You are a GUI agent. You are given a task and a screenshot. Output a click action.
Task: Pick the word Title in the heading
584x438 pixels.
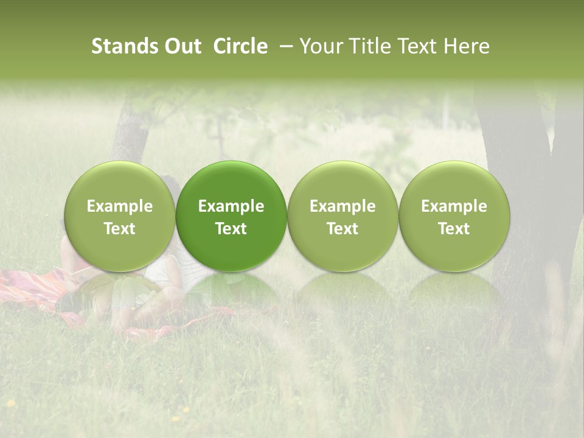[x=370, y=46]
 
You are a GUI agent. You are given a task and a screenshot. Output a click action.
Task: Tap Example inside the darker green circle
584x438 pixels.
[x=231, y=206]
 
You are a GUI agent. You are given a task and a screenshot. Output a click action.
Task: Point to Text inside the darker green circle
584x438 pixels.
[x=231, y=229]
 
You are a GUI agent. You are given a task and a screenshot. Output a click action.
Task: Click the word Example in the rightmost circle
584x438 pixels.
[x=454, y=206]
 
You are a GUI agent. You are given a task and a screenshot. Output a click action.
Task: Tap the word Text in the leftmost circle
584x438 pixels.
[x=120, y=229]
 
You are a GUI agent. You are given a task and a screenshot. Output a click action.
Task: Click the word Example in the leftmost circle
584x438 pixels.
[x=120, y=206]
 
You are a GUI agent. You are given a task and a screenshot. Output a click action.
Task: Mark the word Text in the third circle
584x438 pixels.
[x=342, y=229]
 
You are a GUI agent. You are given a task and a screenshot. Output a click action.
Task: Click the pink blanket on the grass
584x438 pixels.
[x=30, y=286]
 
